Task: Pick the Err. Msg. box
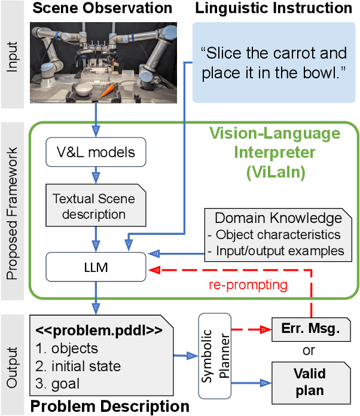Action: (x=310, y=328)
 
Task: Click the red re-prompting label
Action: (x=248, y=285)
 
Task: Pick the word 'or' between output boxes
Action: (x=310, y=350)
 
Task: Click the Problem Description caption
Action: (x=109, y=406)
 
